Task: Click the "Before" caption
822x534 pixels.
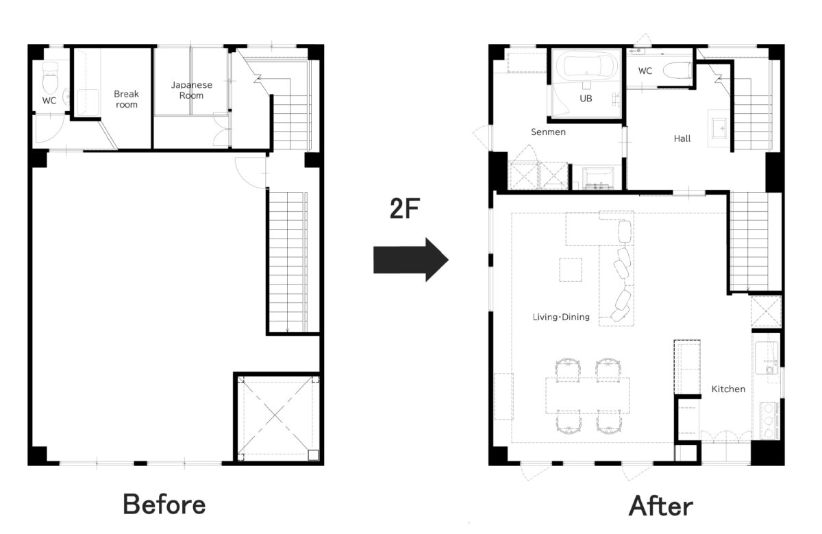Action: [x=164, y=505]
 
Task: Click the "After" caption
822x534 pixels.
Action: [x=661, y=506]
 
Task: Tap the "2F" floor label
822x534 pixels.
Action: [x=405, y=208]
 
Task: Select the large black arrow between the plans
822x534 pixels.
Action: [x=410, y=260]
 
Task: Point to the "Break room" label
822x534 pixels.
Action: [x=126, y=99]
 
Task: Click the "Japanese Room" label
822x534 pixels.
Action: [x=192, y=90]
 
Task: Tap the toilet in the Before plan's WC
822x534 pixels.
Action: [x=50, y=78]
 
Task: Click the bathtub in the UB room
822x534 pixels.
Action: [x=586, y=66]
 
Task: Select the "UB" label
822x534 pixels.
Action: [x=586, y=99]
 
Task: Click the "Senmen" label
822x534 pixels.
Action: [x=548, y=132]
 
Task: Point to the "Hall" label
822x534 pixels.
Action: [x=682, y=138]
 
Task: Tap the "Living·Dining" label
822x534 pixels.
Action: [x=561, y=317]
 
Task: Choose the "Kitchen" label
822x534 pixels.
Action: [x=728, y=389]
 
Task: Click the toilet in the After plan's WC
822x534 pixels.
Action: [x=677, y=71]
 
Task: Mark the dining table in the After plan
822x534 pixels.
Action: [x=587, y=395]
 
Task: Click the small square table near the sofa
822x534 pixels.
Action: [x=570, y=269]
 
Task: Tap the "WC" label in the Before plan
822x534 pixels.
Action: [x=49, y=101]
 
